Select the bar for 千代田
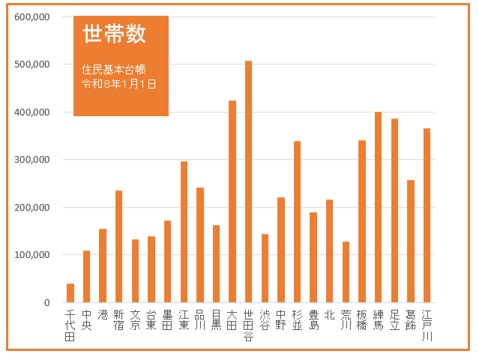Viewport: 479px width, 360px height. pos(70,293)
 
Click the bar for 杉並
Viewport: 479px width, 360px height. pos(297,221)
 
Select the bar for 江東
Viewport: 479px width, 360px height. pos(184,232)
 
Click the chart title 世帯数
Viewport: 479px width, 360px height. pos(114,34)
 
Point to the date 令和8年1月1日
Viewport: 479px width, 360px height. pos(119,84)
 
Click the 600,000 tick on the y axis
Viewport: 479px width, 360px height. pos(31,17)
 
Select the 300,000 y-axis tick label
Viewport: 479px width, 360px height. pos(31,160)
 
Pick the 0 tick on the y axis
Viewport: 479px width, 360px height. pos(46,303)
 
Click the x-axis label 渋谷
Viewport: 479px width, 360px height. pos(265,319)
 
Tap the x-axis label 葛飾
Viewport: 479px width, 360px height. pos(410,319)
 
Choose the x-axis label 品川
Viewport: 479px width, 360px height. pos(199,319)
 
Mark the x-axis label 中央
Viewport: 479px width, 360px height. pos(86,319)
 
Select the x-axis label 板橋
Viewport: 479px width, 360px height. pos(362,319)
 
